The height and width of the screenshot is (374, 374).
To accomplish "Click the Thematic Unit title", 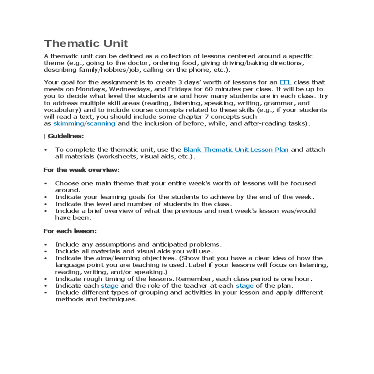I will click(86, 43).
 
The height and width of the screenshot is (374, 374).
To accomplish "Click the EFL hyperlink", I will click(285, 82).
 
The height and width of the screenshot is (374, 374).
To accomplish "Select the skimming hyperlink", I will click(69, 123).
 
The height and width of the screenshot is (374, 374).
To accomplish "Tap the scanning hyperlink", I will click(101, 123).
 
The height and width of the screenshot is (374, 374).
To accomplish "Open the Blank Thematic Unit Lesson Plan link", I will click(236, 150).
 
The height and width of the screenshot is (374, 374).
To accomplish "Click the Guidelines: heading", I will click(64, 136).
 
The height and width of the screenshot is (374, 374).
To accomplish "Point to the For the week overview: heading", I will click(81, 170).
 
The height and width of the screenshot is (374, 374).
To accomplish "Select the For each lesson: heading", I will click(70, 231).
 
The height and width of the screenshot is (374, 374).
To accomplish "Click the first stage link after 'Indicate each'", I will click(110, 285).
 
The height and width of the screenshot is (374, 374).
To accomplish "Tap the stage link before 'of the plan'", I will click(245, 285).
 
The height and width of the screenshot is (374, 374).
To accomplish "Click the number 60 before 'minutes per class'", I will click(209, 89).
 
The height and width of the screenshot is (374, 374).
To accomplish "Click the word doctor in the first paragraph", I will click(137, 63).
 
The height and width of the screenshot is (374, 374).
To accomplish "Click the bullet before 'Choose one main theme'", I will click(46, 184).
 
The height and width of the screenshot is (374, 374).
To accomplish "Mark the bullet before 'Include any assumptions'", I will click(46, 245).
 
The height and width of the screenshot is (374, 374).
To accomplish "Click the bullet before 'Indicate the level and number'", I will click(46, 204).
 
